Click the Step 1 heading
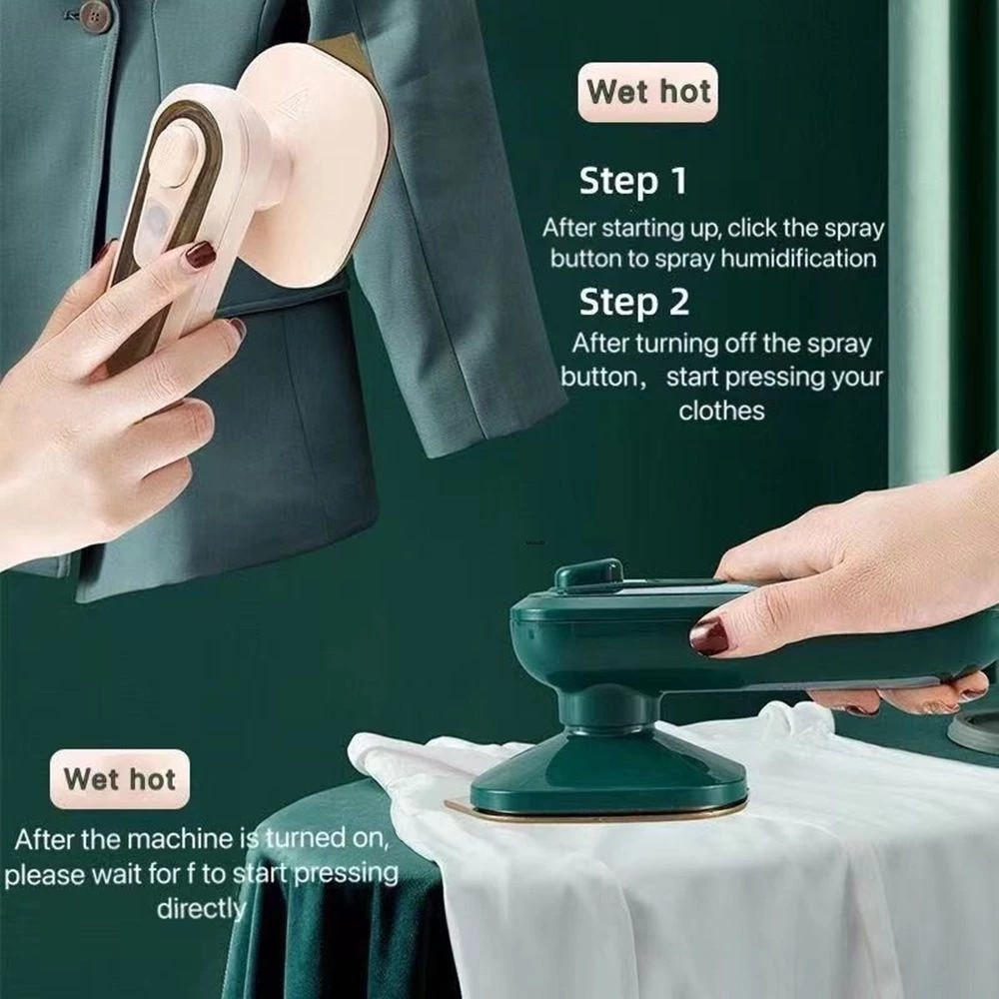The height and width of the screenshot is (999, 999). click(x=632, y=181)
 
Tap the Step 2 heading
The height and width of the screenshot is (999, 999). click(x=634, y=302)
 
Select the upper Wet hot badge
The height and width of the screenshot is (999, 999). click(x=648, y=92)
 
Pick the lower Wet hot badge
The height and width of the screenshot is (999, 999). click(x=120, y=779)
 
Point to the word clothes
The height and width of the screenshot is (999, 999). click(x=721, y=411)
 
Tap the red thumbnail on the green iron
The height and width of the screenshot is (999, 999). click(x=709, y=635)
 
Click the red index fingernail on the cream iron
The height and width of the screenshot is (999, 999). click(x=200, y=255)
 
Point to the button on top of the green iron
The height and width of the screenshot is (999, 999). click(x=588, y=573)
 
